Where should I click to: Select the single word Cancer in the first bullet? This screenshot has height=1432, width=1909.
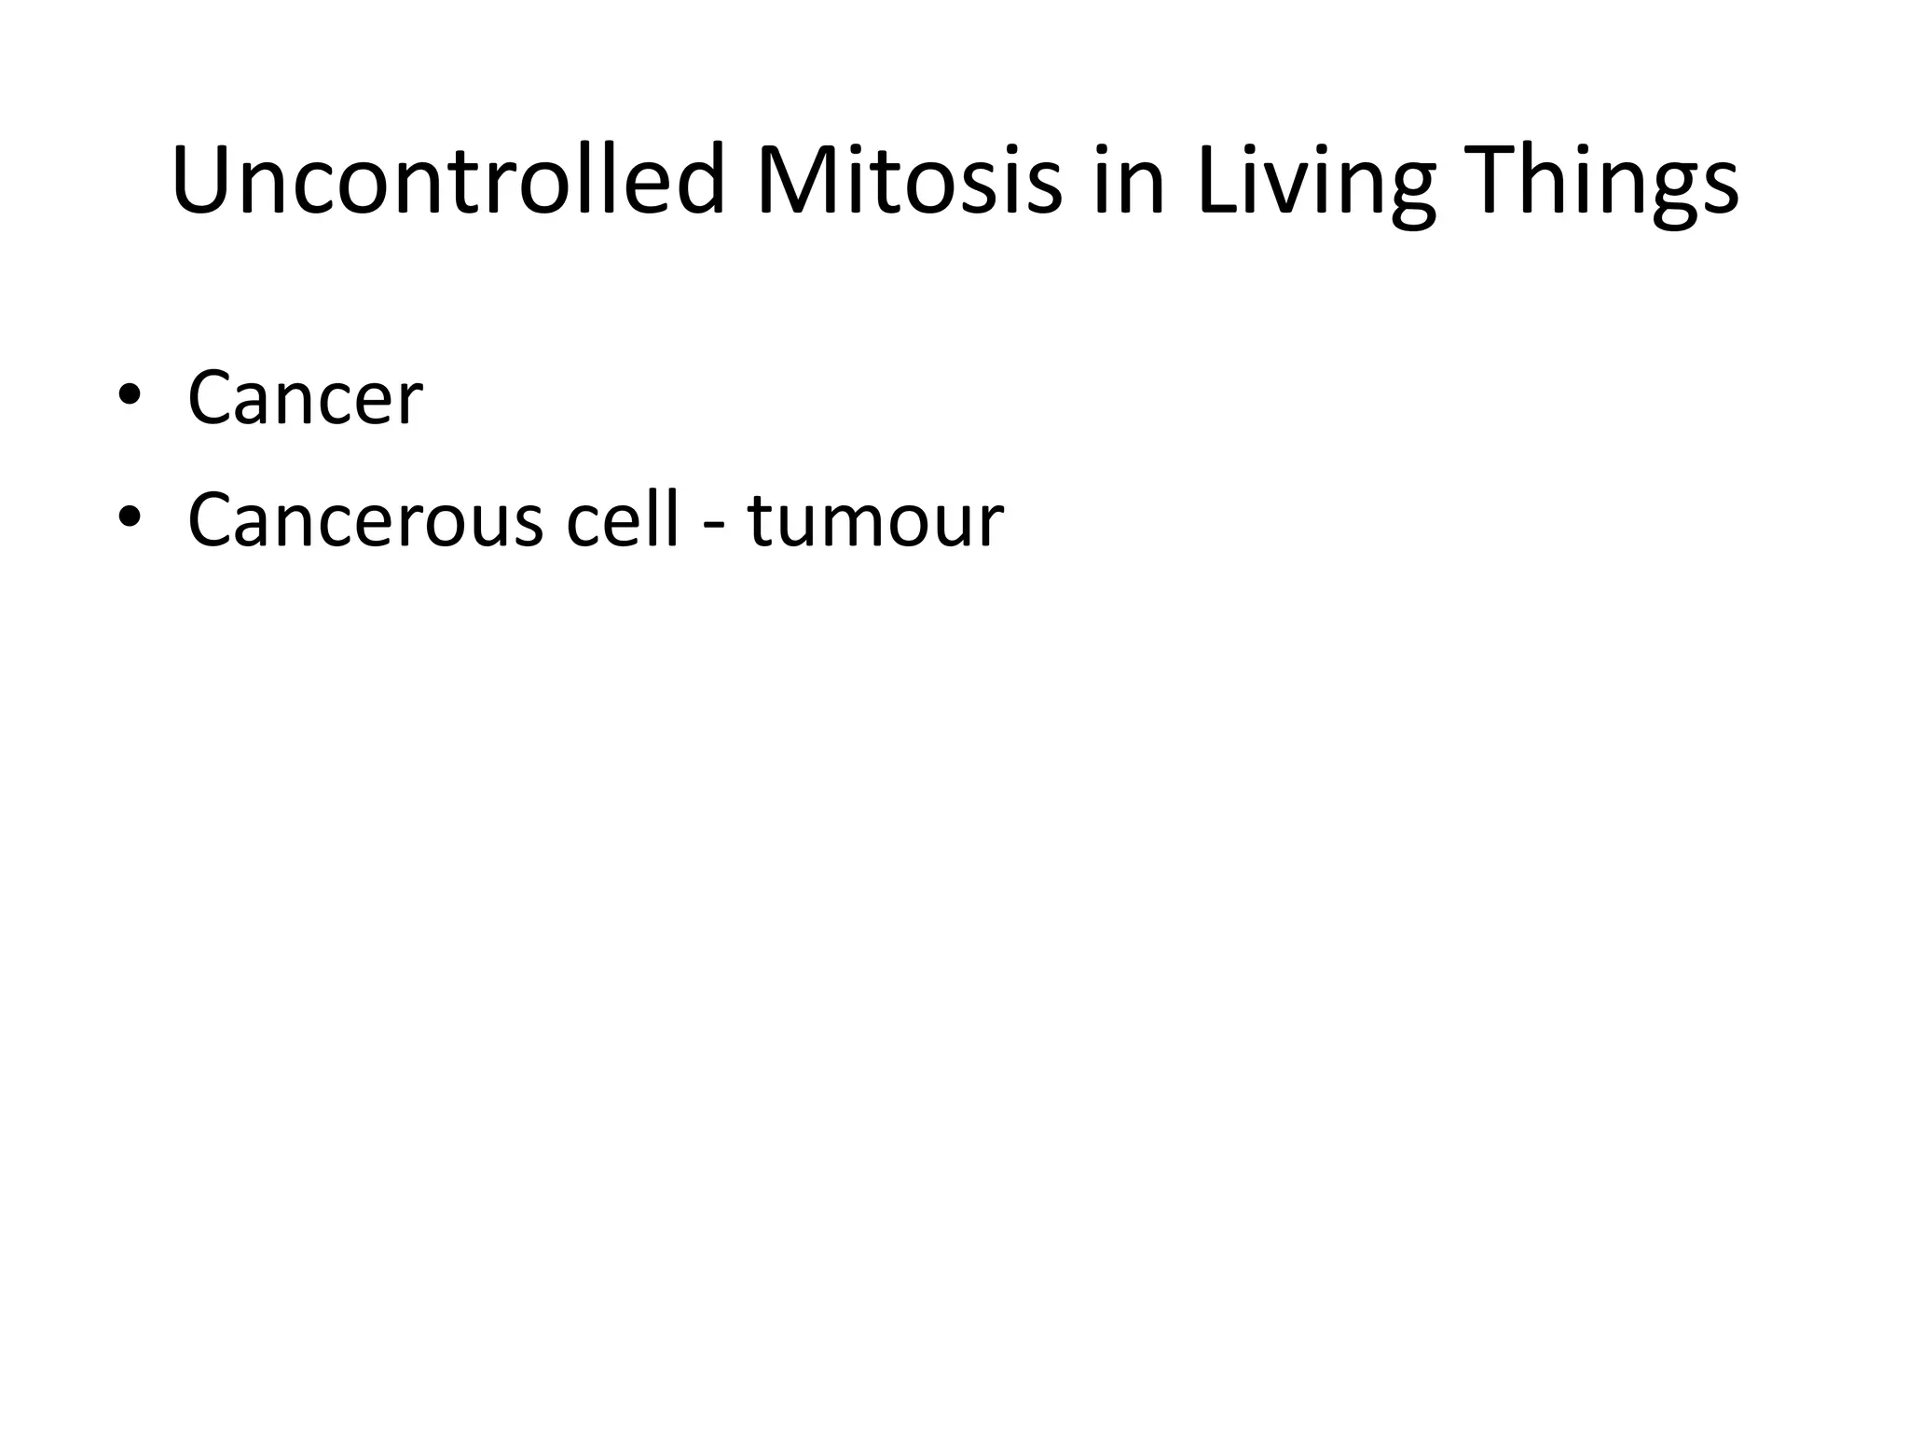pos(305,399)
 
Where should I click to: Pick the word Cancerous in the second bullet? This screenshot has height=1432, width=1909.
pos(364,520)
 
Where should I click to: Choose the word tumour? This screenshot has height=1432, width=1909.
pos(875,520)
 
